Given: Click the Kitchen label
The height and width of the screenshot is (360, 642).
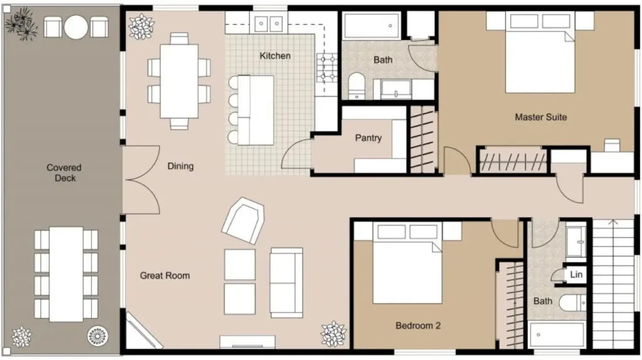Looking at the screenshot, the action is coord(275,56).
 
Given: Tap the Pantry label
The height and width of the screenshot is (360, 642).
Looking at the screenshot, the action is coord(368,138).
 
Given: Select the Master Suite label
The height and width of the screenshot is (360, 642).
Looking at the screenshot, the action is coord(541,117).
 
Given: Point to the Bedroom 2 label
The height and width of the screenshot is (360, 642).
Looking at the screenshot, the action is coord(418,326).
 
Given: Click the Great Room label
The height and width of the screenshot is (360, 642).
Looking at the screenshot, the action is coord(165,275).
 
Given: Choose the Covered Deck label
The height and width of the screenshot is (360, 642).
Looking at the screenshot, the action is coord(64,173).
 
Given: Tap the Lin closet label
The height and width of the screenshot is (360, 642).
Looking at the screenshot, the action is coord(576,275).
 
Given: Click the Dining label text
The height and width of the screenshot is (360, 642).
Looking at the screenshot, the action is coord(181,166).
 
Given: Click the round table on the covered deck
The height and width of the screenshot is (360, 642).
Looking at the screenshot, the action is coord(76,27).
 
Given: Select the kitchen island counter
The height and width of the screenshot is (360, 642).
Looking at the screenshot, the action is coord(256,110).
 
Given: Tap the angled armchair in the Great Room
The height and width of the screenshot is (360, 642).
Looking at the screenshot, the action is coord(243,220).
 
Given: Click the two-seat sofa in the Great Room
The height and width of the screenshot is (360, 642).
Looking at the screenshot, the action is coord(286,283).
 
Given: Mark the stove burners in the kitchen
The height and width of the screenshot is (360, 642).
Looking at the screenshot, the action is coord(327,67).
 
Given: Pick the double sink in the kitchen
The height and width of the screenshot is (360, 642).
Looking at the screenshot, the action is coord(268,24).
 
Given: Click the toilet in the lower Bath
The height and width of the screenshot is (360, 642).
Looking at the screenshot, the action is coord(573,303).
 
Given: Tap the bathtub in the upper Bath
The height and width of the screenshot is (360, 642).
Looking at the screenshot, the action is coord(371,26).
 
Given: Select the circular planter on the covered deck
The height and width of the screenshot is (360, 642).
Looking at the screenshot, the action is coord(97,336).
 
